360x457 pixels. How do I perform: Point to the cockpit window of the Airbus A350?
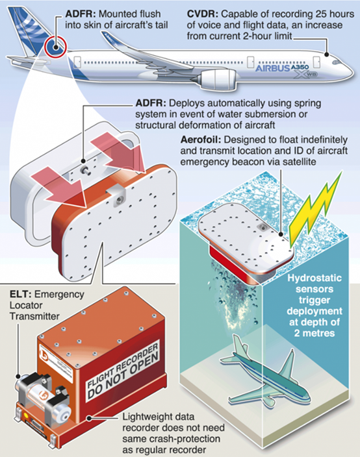(x=335, y=62)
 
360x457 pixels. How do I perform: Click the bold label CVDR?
(x=203, y=14)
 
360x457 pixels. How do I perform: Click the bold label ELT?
(x=20, y=294)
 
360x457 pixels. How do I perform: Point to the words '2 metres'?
(x=315, y=333)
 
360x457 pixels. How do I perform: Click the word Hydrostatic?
(x=315, y=278)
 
